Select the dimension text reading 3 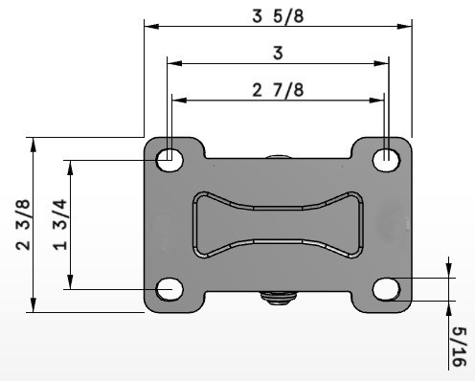point(278,54)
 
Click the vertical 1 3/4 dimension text point(57,225)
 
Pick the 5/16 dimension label point(459,347)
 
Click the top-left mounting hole point(170,158)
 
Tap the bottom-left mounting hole point(170,287)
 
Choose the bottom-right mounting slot point(386,288)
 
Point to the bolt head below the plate point(278,300)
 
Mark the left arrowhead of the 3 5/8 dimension point(149,25)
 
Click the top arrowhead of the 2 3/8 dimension point(34,143)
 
